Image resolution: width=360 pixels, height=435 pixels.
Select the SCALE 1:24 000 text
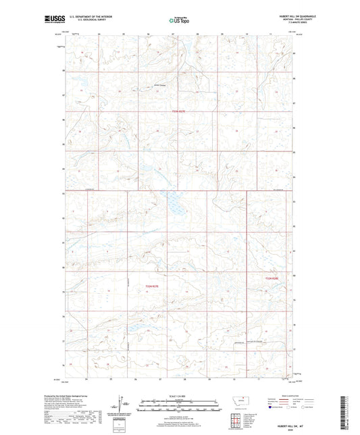click(x=180, y=396)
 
